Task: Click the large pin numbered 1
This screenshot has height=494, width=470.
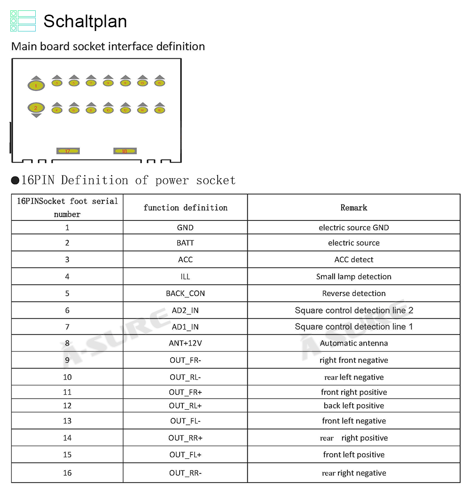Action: (x=36, y=86)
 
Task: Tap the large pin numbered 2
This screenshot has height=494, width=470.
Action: (x=36, y=108)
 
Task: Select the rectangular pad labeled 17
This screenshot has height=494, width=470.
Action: (x=68, y=151)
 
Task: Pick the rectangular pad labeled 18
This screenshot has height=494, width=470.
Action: (x=125, y=151)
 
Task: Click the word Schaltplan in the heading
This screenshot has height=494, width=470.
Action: (x=85, y=22)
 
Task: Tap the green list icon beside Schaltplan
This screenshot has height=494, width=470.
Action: (x=23, y=21)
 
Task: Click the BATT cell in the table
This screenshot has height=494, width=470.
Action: (x=185, y=243)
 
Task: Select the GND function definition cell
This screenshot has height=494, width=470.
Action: (x=185, y=227)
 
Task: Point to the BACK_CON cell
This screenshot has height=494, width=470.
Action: (x=185, y=293)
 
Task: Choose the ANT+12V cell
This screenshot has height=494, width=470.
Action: (x=185, y=343)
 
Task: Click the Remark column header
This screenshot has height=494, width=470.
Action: (x=353, y=208)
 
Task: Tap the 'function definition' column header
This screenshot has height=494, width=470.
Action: (x=185, y=208)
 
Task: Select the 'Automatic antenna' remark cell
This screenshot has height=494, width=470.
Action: (x=353, y=343)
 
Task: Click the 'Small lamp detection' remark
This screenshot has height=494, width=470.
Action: (x=353, y=276)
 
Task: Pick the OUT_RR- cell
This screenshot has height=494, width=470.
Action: (x=185, y=473)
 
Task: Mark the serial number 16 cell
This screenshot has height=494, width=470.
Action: (x=67, y=473)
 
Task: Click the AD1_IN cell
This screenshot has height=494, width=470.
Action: (x=185, y=327)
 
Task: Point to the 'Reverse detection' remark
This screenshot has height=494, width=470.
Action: (x=353, y=293)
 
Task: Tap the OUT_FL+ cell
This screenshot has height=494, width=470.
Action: (x=185, y=455)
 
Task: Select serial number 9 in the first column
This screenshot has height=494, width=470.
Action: (x=67, y=361)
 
